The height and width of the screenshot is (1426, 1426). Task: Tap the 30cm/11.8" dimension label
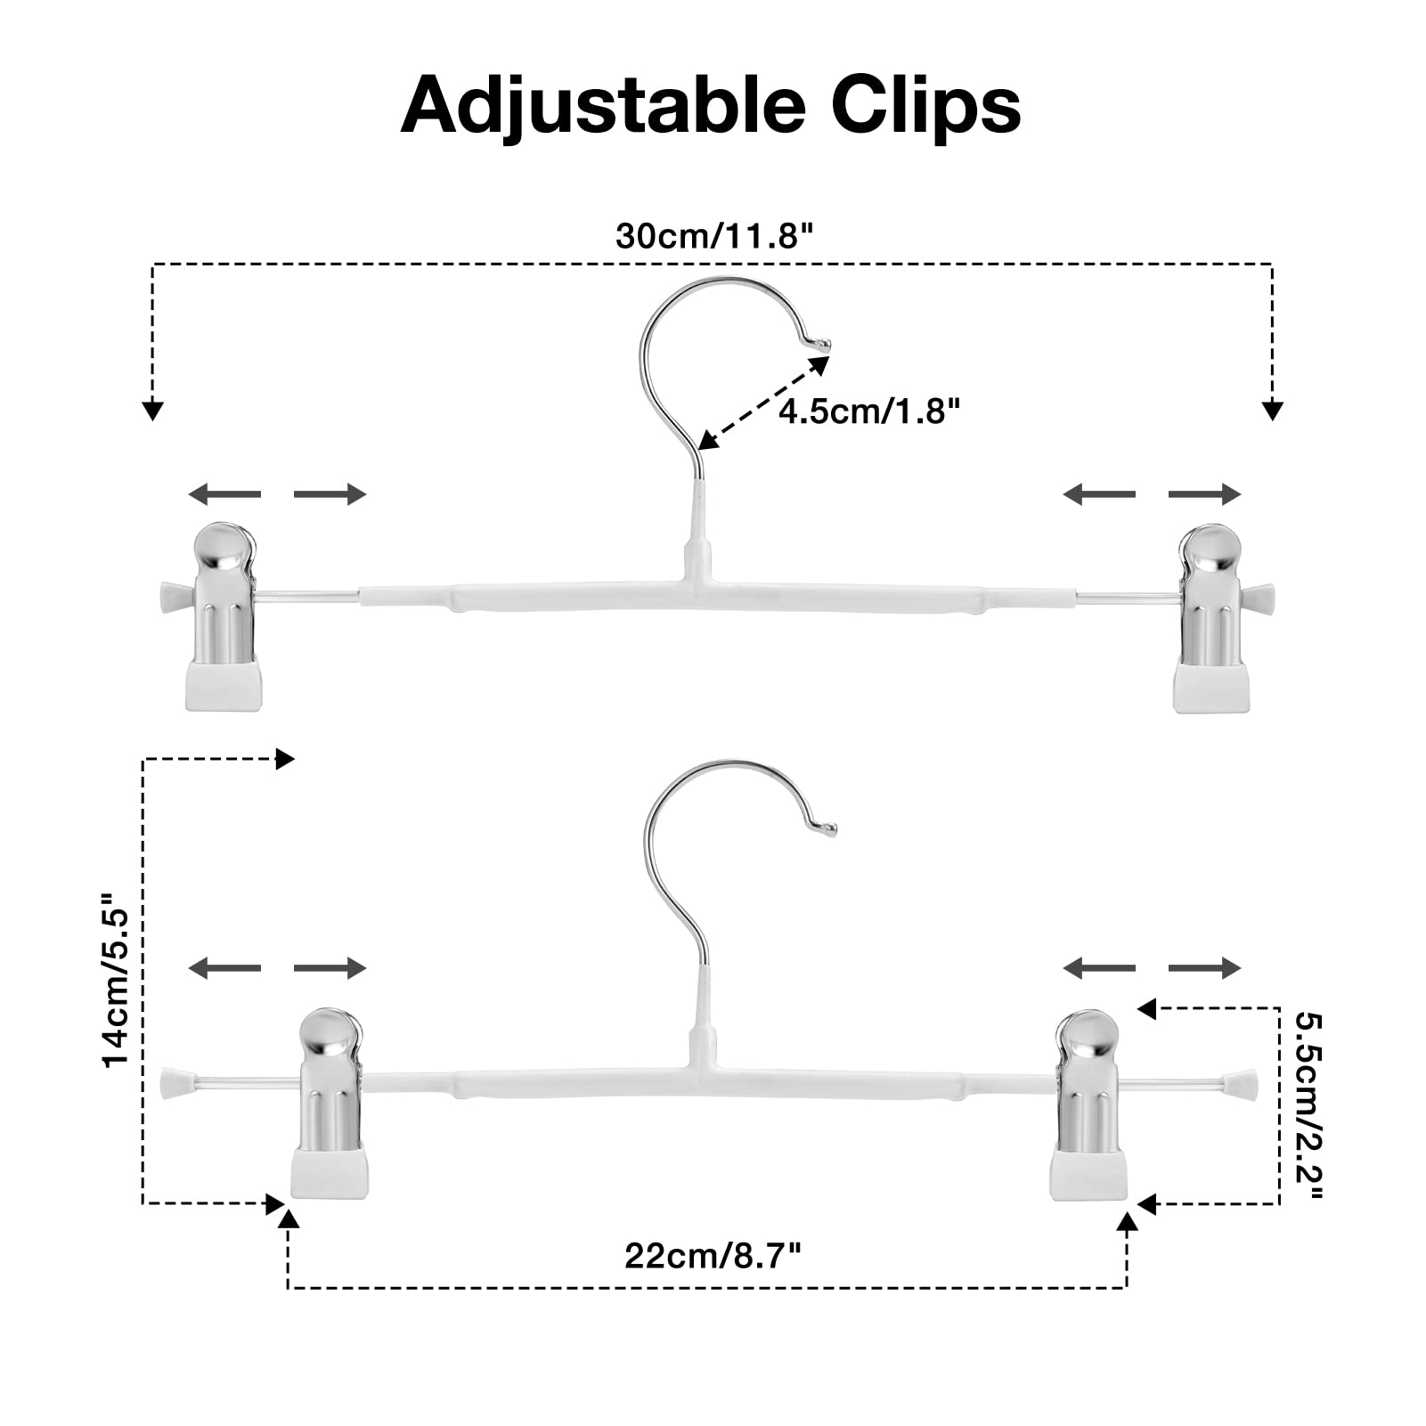(x=714, y=236)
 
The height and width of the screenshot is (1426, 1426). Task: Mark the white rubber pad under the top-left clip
(x=225, y=685)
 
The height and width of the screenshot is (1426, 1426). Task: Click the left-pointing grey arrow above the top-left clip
(x=224, y=493)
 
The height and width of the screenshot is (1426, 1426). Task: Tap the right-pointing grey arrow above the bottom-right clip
(x=1204, y=967)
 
